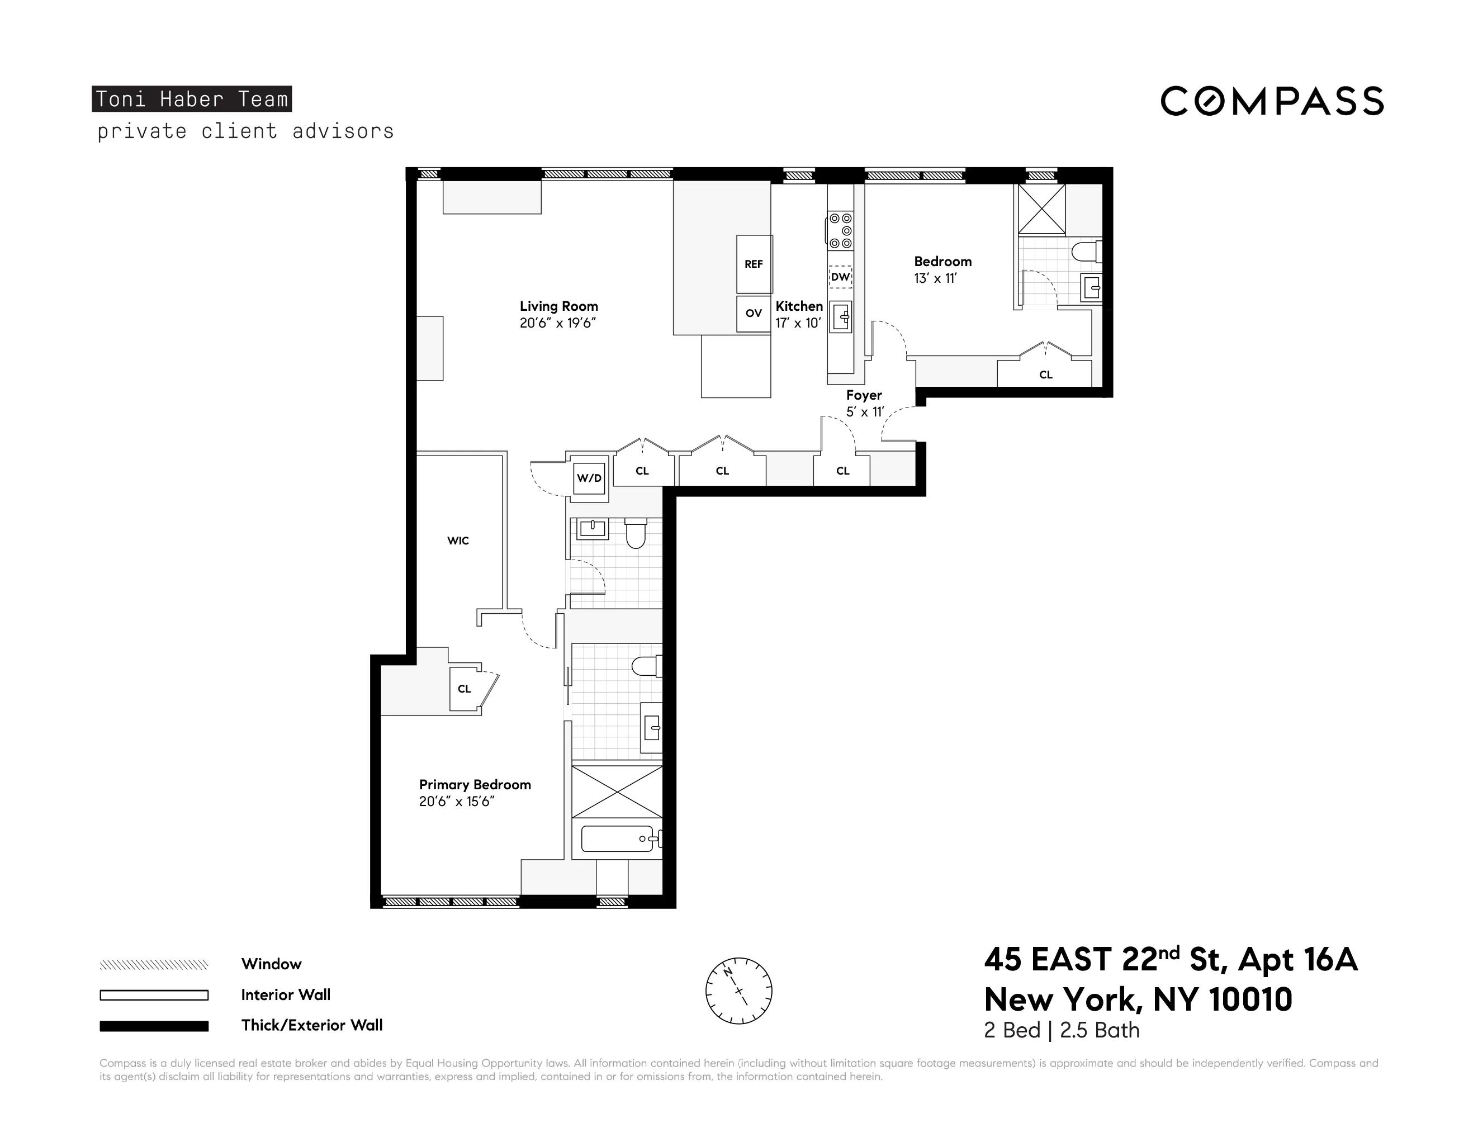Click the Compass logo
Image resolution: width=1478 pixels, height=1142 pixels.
[x=1272, y=102]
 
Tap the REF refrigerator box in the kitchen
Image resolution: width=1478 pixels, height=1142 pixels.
[x=754, y=264]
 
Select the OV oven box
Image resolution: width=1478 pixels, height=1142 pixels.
[x=753, y=313]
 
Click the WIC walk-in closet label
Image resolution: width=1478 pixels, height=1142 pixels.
[x=458, y=541]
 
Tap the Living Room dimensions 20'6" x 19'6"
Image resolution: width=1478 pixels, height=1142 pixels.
[x=558, y=324]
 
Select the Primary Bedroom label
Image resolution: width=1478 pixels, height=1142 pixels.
[x=475, y=785]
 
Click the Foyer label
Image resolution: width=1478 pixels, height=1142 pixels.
[x=864, y=395]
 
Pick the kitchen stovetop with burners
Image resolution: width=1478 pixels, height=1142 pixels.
[x=841, y=231]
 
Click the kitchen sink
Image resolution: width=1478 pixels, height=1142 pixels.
[x=841, y=316]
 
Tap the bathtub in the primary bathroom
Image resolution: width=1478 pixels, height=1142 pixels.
[x=617, y=839]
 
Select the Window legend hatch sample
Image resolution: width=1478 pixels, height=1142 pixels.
[x=154, y=965]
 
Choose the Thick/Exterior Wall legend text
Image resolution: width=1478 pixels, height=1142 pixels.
[x=312, y=1026]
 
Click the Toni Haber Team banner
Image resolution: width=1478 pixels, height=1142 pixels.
[x=192, y=99]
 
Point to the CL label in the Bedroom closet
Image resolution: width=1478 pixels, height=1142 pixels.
[x=1045, y=375]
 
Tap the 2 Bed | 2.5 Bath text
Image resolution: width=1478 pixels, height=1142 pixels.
[x=1061, y=1030]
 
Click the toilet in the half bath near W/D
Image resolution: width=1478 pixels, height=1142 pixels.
[x=635, y=534]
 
